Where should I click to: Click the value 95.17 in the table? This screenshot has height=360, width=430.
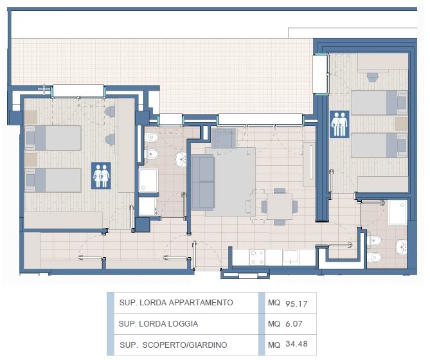point(296,303)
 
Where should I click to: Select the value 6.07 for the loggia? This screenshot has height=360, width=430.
point(294,324)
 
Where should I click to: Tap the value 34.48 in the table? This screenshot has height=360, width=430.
point(296,344)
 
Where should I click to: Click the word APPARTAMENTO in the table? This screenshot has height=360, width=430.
point(201,302)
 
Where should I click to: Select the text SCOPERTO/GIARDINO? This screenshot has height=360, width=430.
point(185,345)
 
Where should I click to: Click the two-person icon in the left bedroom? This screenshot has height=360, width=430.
point(101,175)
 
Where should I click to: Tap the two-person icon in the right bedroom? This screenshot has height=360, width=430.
point(339,124)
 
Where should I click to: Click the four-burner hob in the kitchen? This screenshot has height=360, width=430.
point(257,257)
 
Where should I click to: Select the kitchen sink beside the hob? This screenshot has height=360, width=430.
point(291,257)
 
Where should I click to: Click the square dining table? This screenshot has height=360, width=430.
point(280,206)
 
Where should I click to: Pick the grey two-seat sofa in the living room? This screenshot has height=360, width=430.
point(202,183)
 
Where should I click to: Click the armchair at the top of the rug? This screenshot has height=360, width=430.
point(224,138)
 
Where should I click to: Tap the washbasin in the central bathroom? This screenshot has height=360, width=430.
point(181,159)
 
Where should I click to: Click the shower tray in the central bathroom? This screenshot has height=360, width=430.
point(148,180)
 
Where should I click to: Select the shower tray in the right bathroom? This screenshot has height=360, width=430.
point(397,213)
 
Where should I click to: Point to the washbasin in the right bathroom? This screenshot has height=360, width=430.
point(402,246)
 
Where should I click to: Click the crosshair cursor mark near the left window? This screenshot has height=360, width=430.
point(44,89)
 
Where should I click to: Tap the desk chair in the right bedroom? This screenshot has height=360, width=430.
point(373,77)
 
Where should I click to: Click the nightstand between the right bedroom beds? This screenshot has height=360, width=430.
point(401,123)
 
